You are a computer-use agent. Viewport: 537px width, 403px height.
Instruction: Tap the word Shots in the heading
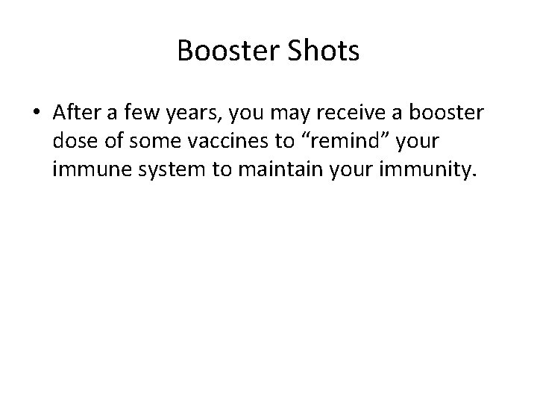tap(321, 51)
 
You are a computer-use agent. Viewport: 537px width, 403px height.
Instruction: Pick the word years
tap(197, 113)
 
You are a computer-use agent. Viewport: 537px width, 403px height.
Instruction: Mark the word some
tap(151, 142)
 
